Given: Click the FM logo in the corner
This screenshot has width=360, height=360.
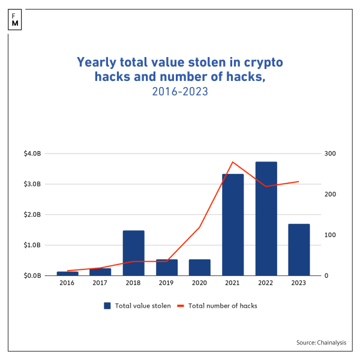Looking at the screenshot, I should pos(14,19).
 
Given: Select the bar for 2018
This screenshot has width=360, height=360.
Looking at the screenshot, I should pos(134,253).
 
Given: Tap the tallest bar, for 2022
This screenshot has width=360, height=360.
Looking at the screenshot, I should pos(266,219).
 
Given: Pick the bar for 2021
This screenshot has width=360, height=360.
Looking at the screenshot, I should pos(233,225).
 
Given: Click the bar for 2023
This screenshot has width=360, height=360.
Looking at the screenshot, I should pos(299,250).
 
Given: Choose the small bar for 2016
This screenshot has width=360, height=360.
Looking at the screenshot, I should pos(68,274).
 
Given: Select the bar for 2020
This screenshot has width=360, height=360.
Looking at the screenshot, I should pos(200,268).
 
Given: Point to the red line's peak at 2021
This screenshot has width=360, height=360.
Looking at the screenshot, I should pos(233,162).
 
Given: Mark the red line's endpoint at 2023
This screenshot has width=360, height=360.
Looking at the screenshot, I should pos(299,181).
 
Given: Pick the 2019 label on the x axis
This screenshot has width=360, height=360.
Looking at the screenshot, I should pos(167,283).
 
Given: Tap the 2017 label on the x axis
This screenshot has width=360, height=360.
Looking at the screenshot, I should pos(101,283).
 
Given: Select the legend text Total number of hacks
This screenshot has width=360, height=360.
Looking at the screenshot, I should pos(223,305).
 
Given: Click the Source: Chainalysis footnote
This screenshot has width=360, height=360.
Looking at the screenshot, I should pos(321,342).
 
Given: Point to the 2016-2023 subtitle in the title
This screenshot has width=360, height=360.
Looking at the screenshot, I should pos(180,91).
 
